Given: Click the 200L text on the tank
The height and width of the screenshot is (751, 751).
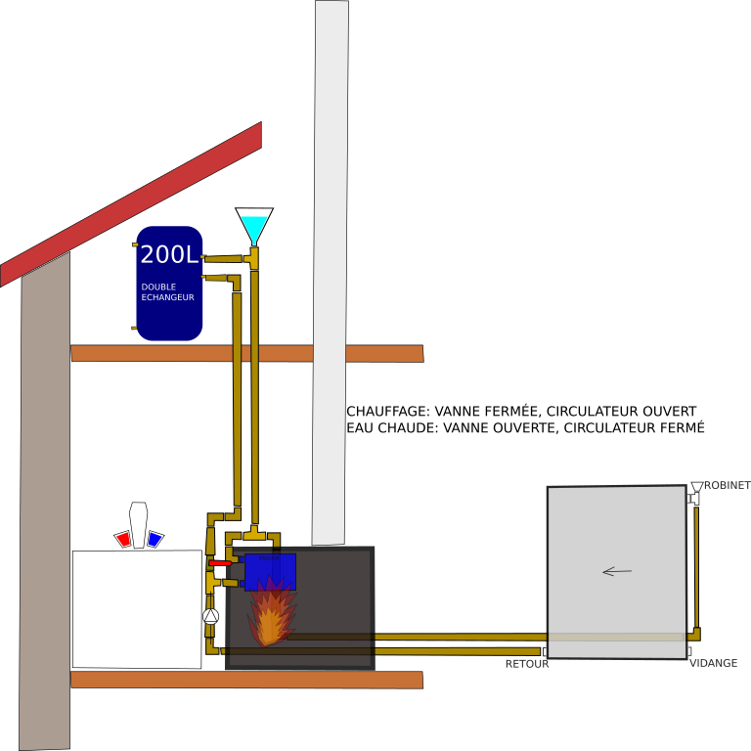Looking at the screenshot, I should [x=169, y=255].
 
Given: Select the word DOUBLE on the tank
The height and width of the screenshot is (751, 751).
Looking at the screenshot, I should [x=158, y=287].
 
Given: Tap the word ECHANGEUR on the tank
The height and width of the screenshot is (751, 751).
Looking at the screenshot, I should [x=167, y=297].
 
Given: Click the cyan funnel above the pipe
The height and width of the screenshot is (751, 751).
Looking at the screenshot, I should [x=254, y=228].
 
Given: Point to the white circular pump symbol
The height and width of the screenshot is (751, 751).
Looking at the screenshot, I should [x=210, y=616].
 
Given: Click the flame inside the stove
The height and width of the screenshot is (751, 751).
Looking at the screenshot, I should [x=270, y=614].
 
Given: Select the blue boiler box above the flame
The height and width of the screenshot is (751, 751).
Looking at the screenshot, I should [x=270, y=571].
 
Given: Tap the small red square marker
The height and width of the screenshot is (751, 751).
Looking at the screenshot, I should [x=124, y=539].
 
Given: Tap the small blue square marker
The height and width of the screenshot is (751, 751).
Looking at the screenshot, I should [x=155, y=539].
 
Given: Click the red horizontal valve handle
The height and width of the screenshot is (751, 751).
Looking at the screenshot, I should [x=220, y=563].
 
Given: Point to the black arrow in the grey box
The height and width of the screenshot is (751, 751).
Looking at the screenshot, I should [x=617, y=571].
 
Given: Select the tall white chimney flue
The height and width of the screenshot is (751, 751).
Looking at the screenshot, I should [x=331, y=274].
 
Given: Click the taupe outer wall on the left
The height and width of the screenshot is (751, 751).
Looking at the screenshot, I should [x=45, y=508].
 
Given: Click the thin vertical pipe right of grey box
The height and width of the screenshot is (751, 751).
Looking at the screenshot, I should [x=696, y=567].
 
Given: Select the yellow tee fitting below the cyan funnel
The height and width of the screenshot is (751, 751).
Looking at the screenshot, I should [x=253, y=258].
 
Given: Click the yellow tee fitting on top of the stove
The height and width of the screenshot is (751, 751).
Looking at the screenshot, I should [x=254, y=535].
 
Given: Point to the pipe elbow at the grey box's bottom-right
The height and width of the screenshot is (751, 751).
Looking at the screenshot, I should [x=694, y=635].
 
